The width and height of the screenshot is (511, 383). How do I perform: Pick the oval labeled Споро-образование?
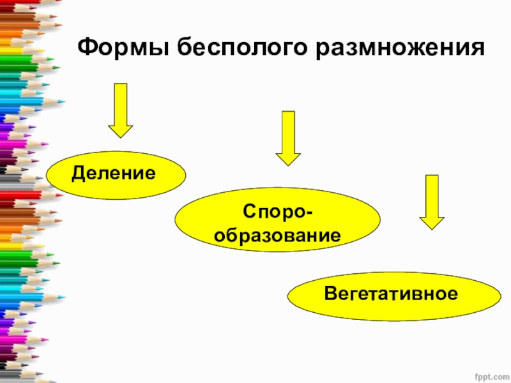277,223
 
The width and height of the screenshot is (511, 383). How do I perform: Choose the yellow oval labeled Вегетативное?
394,295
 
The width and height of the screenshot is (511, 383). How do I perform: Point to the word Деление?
114,172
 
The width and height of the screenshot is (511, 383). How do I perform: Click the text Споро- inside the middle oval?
277,211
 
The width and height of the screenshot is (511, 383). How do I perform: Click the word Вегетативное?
392,294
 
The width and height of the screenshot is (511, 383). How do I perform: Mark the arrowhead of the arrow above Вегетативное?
432,221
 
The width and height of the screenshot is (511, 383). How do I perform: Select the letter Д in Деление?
78,172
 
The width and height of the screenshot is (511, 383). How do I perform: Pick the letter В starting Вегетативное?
330,294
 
